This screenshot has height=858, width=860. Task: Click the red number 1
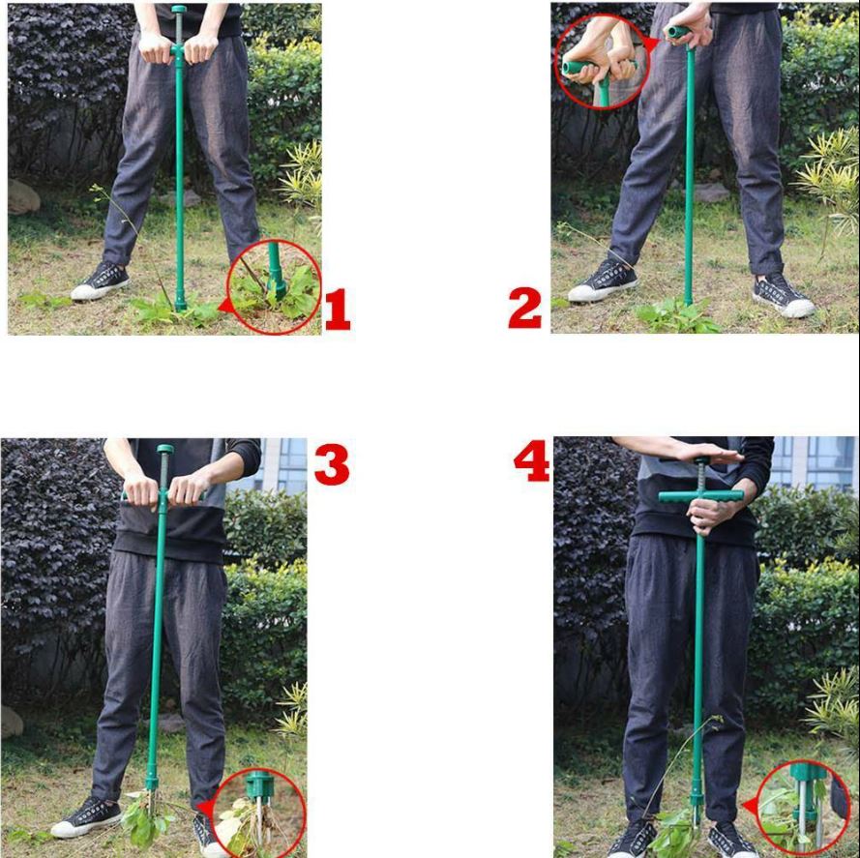(x=337, y=310)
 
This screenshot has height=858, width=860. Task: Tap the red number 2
(x=525, y=309)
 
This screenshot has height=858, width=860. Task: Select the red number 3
(x=332, y=464)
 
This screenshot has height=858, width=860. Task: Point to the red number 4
(x=531, y=461)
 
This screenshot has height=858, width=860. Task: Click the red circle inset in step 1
(x=274, y=287)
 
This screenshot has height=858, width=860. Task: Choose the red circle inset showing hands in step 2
(x=602, y=62)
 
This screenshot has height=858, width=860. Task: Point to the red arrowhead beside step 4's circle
(x=749, y=806)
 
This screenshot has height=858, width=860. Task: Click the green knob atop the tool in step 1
(x=179, y=10)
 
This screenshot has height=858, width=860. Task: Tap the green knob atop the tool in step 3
(x=165, y=449)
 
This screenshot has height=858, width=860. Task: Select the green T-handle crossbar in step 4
(x=701, y=496)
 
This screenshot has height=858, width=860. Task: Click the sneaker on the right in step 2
(x=783, y=296)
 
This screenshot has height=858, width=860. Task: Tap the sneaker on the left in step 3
(x=86, y=816)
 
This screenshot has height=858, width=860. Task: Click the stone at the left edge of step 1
(x=23, y=197)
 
